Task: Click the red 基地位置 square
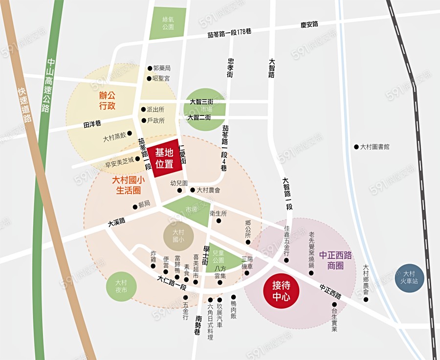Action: click(x=165, y=158)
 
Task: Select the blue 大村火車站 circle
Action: click(x=409, y=278)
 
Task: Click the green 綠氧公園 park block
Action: click(x=168, y=23)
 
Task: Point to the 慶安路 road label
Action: click(x=309, y=24)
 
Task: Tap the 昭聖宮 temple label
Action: click(x=161, y=78)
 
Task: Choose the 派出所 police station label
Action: click(x=156, y=110)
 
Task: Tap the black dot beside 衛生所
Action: click(x=219, y=221)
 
